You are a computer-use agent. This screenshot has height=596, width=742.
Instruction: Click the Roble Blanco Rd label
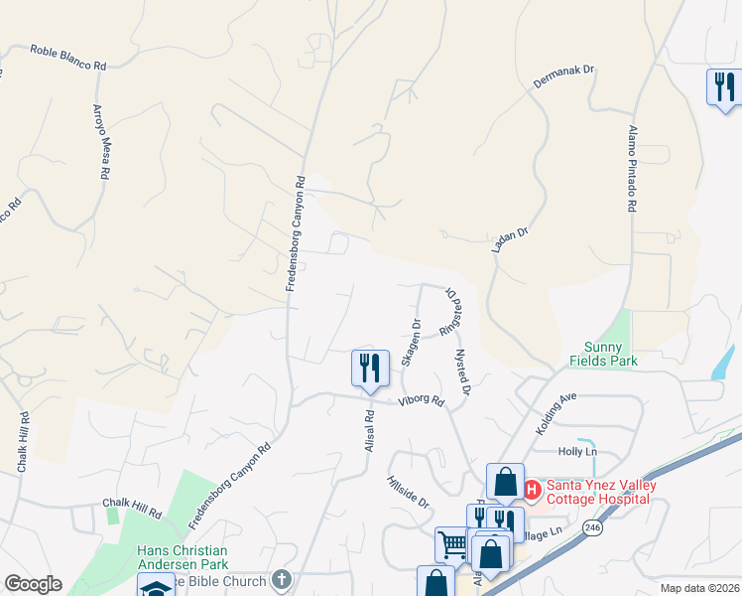(x=67, y=57)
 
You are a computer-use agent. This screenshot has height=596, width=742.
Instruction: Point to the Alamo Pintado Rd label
(x=632, y=168)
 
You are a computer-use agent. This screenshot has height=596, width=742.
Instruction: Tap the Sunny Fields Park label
(x=603, y=355)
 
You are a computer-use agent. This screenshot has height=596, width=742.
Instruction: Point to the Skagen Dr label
(x=412, y=343)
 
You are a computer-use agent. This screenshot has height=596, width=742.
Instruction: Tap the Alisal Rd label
(x=368, y=431)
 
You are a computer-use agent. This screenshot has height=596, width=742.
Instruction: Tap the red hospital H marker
(x=531, y=490)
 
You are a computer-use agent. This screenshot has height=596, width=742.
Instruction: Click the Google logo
(x=33, y=584)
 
